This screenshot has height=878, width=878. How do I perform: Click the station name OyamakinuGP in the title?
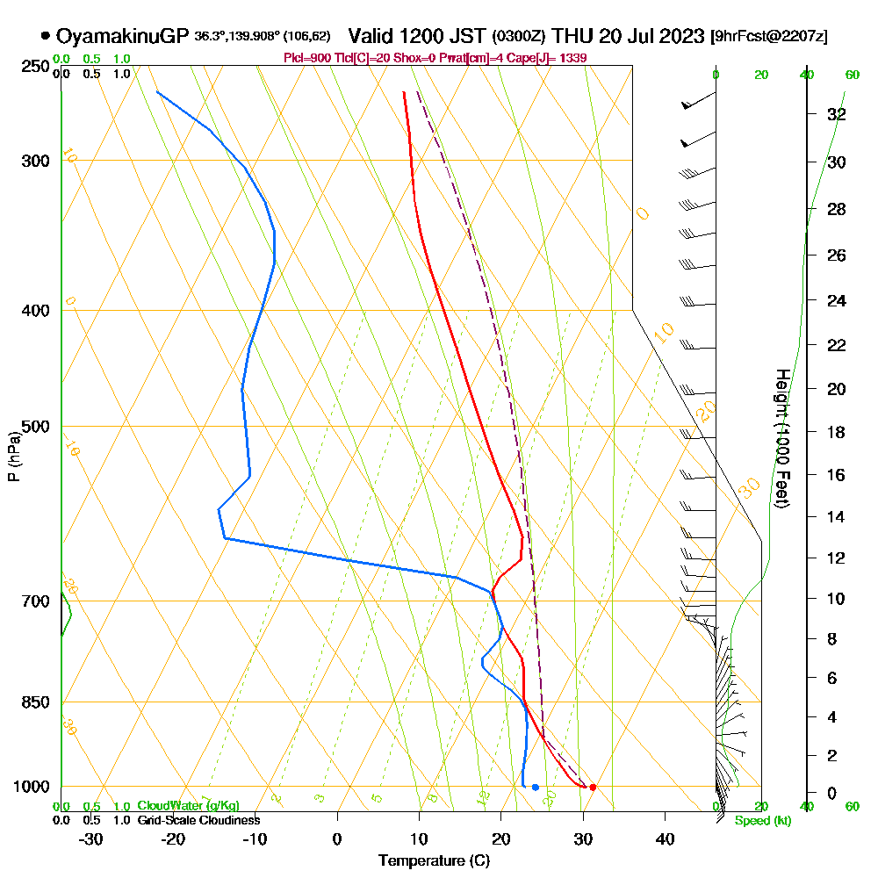pos(122,36)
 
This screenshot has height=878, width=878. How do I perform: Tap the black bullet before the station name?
pos(45,36)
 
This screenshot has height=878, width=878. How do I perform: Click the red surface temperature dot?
pos(593,787)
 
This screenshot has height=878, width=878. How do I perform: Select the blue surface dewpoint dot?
pos(535,787)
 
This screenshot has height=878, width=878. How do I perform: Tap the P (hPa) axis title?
pos(13,456)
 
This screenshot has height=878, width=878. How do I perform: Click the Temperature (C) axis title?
pos(434,860)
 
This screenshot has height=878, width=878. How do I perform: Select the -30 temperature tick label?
pos(91,838)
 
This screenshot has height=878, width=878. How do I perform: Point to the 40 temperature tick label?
pos(665,838)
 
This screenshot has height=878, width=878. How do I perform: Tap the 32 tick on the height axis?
pos(836,114)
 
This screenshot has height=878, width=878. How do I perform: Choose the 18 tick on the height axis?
pos(836,432)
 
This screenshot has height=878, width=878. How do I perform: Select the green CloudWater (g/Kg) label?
pos(188,806)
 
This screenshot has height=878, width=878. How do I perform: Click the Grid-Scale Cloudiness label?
pos(198,820)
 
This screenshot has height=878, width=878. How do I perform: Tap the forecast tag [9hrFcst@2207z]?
pos(770,37)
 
